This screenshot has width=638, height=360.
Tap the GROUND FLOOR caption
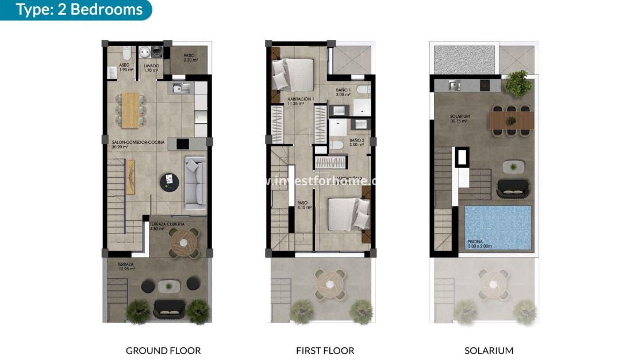pos(163,350)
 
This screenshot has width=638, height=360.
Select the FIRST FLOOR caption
pos(325,350)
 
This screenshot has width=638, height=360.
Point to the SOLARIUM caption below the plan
pos(489,350)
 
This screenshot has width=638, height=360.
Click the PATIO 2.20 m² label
pos(191,58)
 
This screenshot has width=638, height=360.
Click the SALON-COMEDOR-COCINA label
pos(137,144)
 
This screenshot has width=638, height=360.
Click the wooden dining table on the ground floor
pos(131,109)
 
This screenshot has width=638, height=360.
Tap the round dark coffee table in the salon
pos(168,182)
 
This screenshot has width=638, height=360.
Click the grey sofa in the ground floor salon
pos(194,181)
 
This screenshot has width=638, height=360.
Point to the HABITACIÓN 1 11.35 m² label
pos(301,101)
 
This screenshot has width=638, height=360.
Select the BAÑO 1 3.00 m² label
pos(344,93)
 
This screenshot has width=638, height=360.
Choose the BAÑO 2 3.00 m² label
pos(356,142)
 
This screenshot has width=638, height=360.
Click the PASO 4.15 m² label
pos(304,205)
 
